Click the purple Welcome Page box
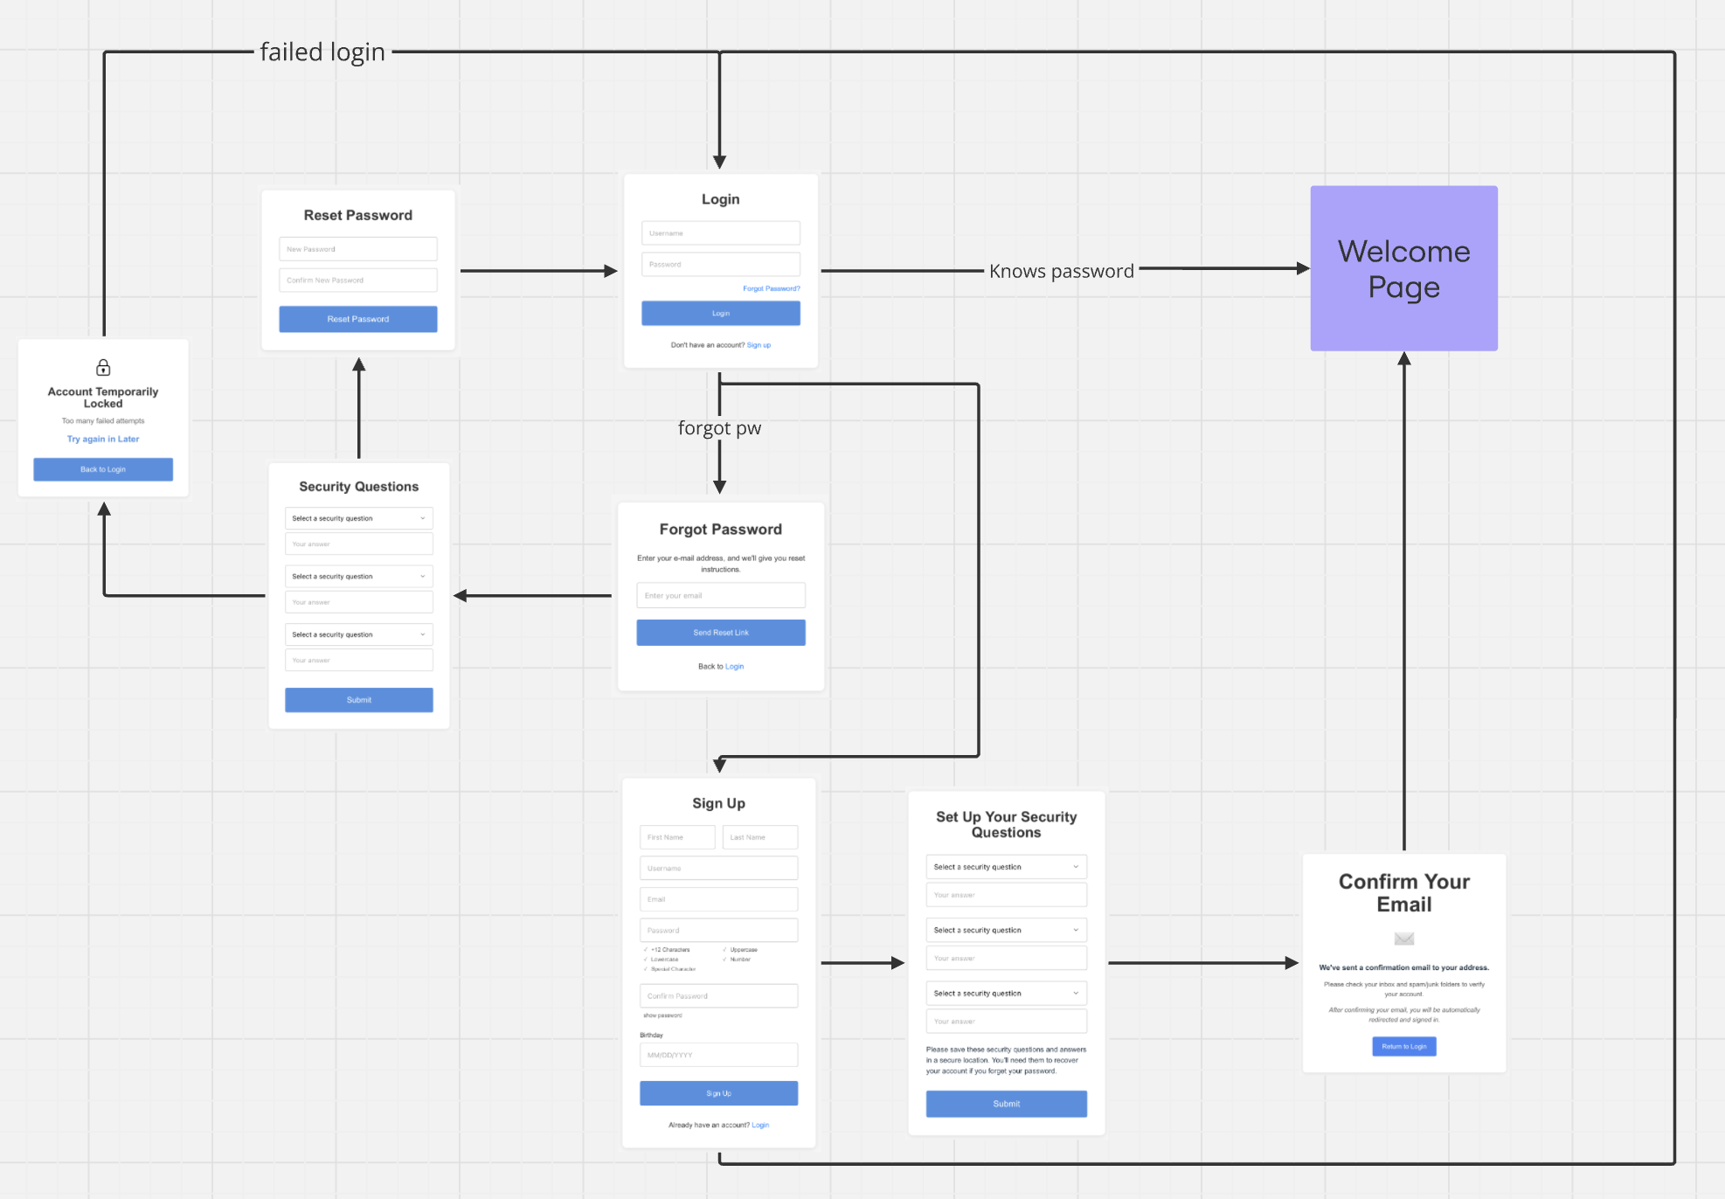click(1403, 268)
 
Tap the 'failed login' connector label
click(322, 52)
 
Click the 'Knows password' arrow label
click(1061, 271)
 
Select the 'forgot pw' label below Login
click(719, 428)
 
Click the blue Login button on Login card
click(720, 313)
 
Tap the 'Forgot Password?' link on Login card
click(771, 288)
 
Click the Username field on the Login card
click(720, 233)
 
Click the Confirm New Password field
click(357, 281)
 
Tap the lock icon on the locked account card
click(103, 367)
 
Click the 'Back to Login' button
click(103, 469)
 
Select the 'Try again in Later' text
click(103, 439)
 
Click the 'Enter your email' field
click(720, 595)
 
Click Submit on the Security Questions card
click(358, 700)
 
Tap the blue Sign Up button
click(718, 1093)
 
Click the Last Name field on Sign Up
click(759, 837)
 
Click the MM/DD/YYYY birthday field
click(718, 1055)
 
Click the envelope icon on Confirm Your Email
click(1403, 939)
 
